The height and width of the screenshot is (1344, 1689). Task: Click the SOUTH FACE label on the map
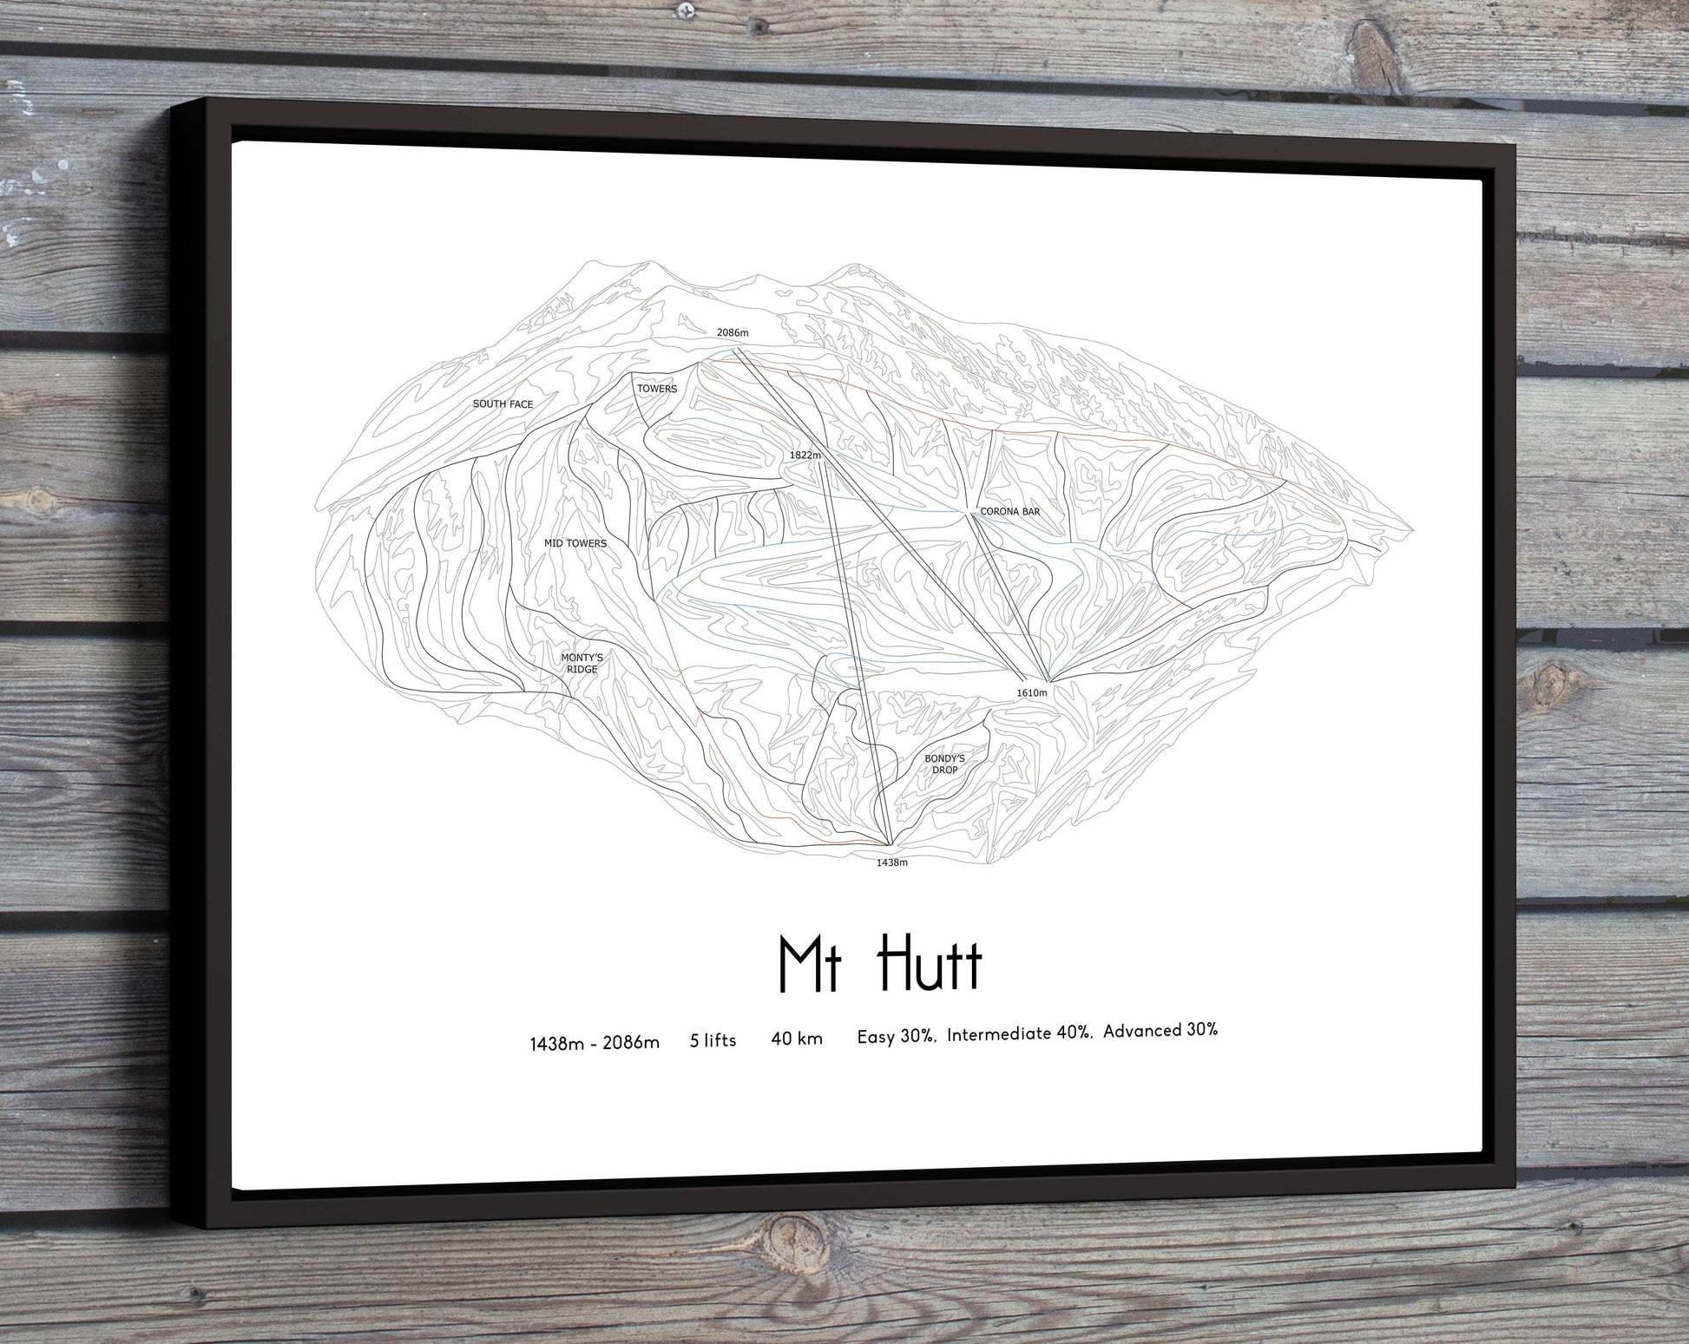point(503,404)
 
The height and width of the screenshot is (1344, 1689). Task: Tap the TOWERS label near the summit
point(656,389)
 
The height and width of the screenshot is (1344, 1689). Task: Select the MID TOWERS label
point(575,543)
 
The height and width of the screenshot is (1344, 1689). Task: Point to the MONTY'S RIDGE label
point(582,664)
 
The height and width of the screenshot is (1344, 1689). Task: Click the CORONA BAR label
point(1009,512)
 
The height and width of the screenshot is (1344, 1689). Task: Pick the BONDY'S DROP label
point(944,764)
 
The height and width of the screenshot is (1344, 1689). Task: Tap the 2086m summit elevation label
point(732,332)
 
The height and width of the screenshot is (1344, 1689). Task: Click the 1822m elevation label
point(805,455)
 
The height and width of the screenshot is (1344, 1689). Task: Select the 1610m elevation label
point(1032,692)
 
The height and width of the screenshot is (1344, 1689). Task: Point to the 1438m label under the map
point(891,862)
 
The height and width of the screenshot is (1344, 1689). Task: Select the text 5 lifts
point(713,1040)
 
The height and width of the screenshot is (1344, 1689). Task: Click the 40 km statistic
point(796,1039)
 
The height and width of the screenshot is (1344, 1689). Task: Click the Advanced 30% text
point(1160,1031)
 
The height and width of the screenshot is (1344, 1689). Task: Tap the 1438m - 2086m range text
point(595,1043)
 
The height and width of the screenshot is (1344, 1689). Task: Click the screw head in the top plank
point(687,10)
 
